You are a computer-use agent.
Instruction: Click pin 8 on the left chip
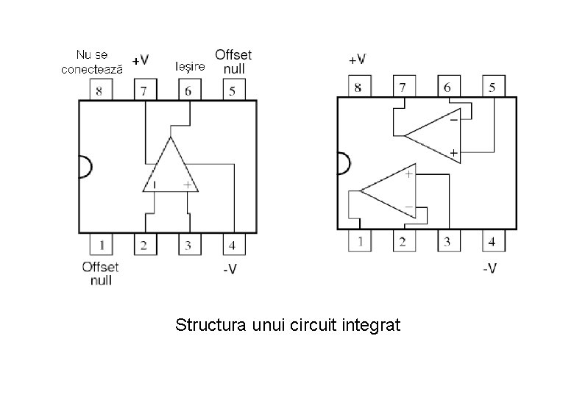pos(100,90)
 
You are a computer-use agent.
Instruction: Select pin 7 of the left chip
pos(144,90)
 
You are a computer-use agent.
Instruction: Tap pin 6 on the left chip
pos(188,90)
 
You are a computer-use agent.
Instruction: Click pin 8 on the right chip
pos(358,87)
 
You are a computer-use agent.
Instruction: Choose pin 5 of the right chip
pos(492,87)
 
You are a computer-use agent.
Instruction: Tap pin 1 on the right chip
pos(359,240)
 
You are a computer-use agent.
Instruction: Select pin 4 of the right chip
pos(491,240)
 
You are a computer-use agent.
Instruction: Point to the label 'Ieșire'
pos(190,67)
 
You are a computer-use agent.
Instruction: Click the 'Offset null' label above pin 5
pos(233,61)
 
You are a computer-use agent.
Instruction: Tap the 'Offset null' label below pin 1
pos(100,273)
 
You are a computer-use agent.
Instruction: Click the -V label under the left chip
pos(230,269)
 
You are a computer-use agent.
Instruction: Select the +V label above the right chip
pos(358,59)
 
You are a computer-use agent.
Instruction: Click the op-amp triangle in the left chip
pos(170,171)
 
